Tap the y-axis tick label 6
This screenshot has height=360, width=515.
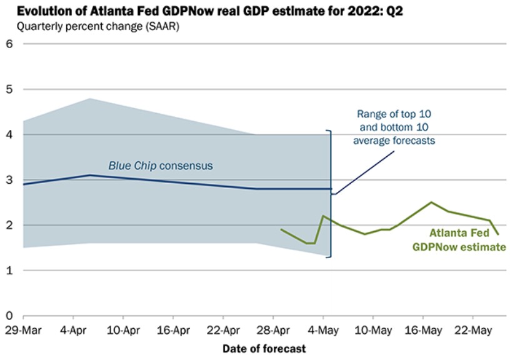pos(9,44)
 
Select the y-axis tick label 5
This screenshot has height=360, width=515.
pos(9,89)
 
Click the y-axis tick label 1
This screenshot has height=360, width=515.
pos(9,271)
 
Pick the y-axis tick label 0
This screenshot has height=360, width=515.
pos(9,316)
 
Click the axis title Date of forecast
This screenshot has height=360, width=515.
pos(264,347)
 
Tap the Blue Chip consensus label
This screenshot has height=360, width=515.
pos(161,166)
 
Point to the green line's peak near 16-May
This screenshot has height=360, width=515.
pos(431,202)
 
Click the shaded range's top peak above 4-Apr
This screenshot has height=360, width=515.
pos(90,99)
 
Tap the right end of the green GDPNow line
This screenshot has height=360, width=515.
pos(497,234)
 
